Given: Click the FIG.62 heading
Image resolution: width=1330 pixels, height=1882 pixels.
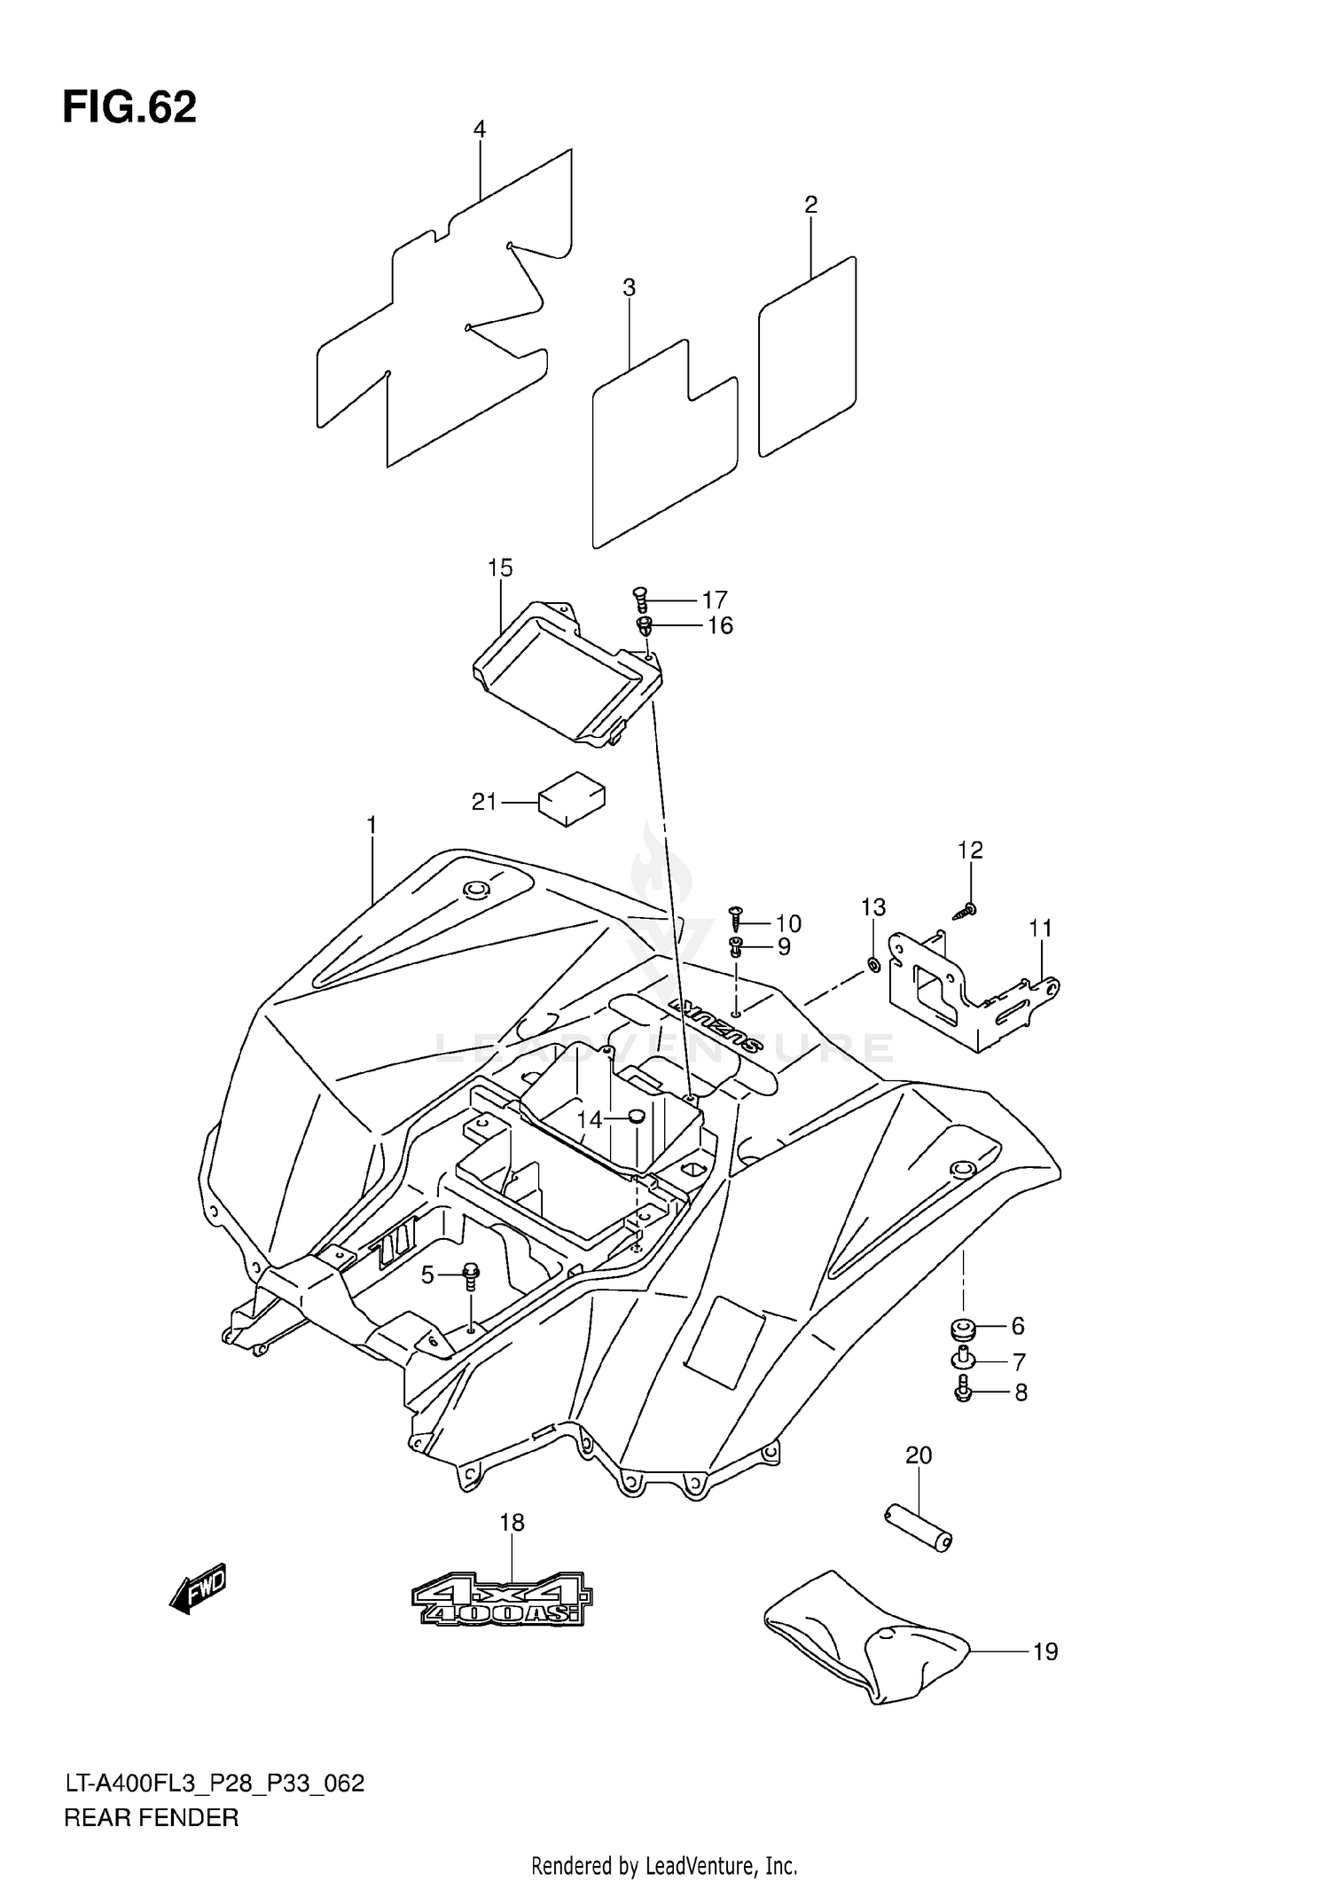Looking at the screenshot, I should (x=129, y=107).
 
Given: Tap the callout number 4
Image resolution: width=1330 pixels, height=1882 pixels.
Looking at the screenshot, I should (x=479, y=129).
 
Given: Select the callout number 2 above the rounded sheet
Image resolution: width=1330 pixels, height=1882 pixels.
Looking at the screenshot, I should (x=810, y=205).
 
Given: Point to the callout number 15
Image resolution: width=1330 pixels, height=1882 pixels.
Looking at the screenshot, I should (x=500, y=568).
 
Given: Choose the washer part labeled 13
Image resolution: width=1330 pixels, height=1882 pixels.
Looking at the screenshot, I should (x=873, y=965).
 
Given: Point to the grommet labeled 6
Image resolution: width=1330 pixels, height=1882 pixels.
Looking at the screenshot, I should (x=964, y=1329).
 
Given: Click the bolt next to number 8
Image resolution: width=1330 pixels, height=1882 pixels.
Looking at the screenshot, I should (x=964, y=1392).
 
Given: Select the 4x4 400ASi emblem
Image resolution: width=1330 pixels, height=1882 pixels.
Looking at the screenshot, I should (x=502, y=1599).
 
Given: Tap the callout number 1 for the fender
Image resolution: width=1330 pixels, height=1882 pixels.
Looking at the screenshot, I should (x=372, y=826).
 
